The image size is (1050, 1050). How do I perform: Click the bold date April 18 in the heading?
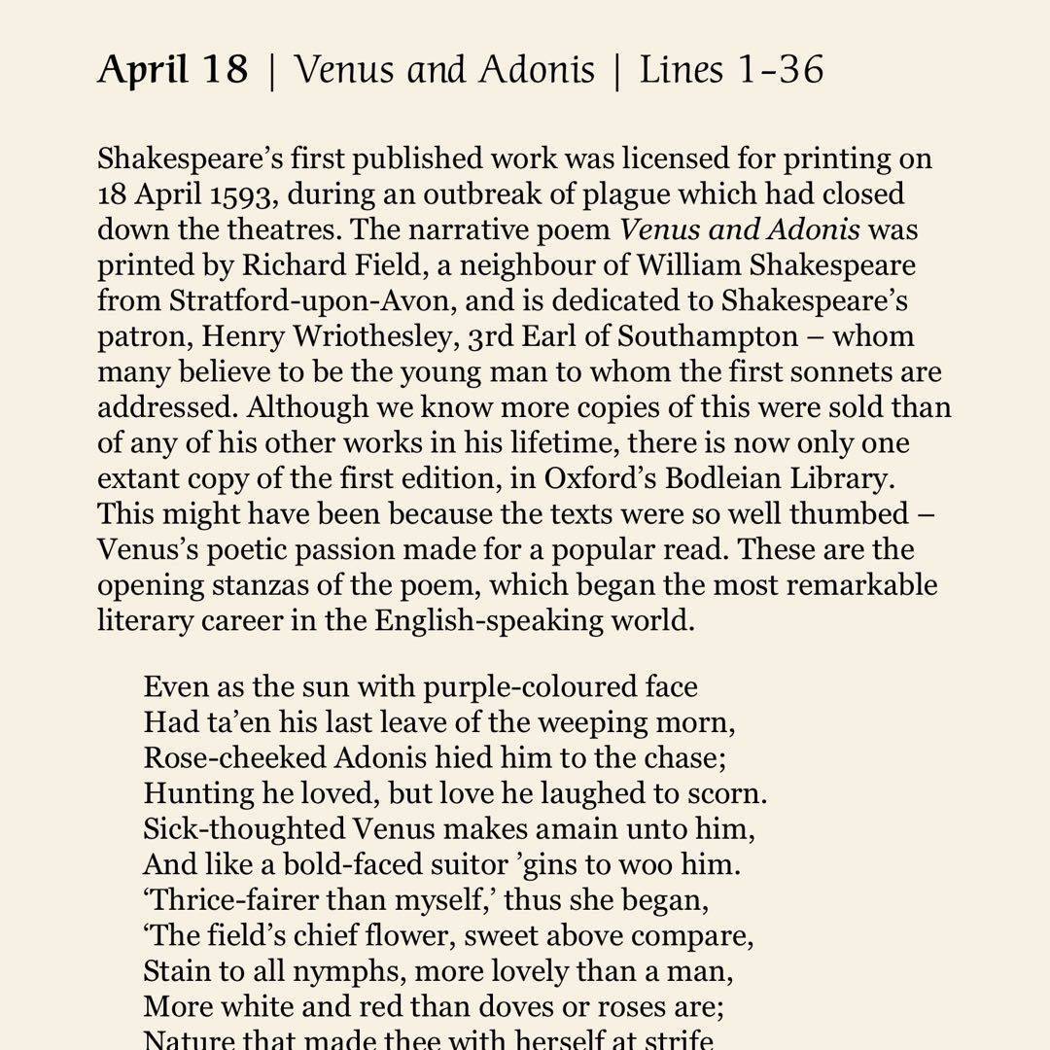coord(172,70)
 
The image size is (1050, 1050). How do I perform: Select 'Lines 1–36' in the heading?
coord(731,70)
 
